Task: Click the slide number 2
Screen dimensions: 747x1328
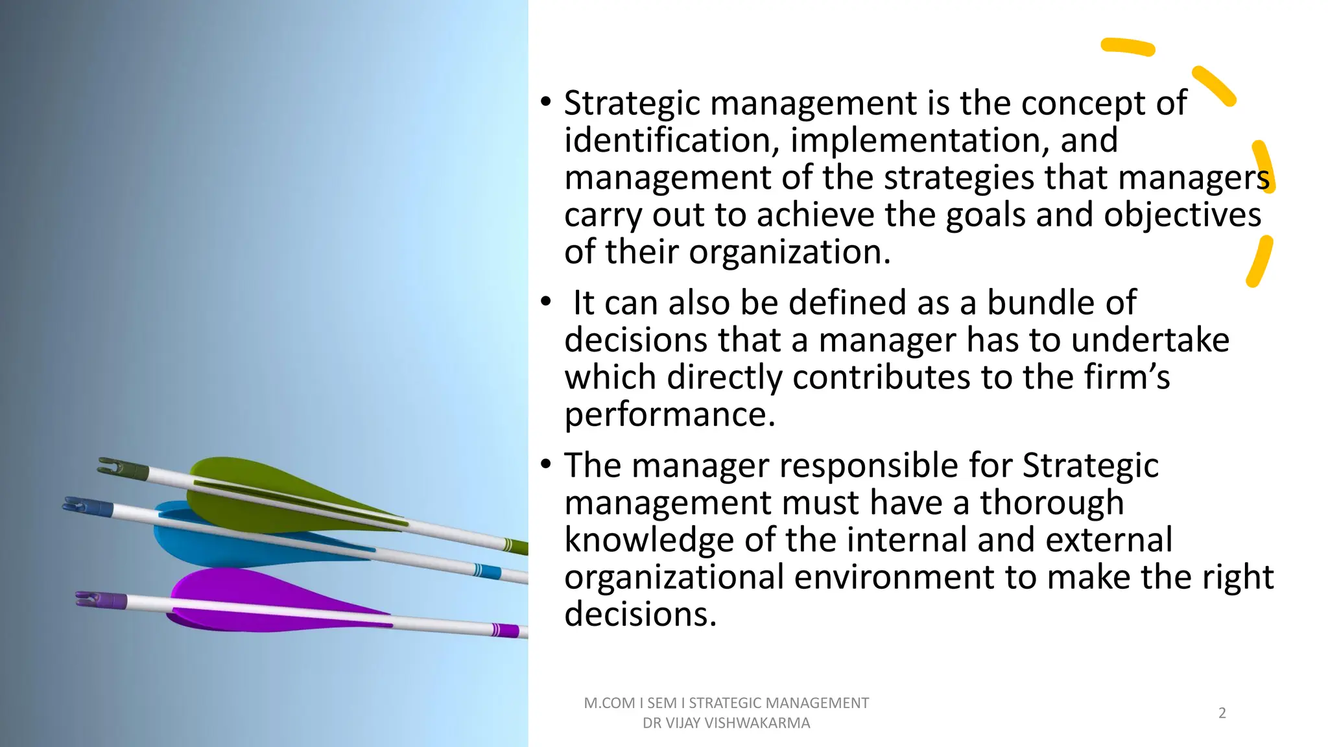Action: pos(1222,713)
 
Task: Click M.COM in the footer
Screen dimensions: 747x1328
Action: pos(610,703)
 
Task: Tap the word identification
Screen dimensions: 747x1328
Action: pos(672,140)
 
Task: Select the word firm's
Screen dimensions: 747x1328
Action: pos(1128,377)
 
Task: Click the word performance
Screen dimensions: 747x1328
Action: pos(669,415)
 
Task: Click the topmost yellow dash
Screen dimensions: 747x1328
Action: pos(1128,47)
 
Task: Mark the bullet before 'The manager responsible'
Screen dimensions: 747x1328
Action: pos(546,464)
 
